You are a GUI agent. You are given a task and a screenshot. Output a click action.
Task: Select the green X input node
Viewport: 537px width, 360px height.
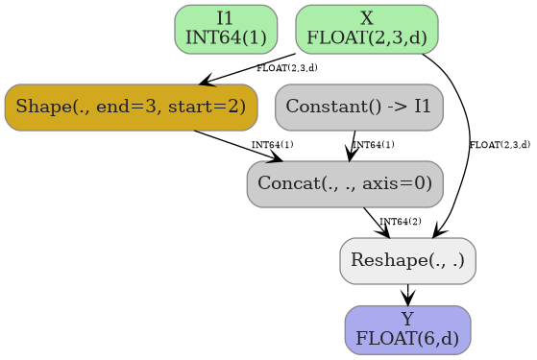pos(366,28)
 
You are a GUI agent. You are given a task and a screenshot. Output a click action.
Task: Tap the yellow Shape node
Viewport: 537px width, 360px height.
pos(131,107)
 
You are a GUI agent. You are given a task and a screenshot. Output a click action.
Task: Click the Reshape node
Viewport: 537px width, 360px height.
pos(407,260)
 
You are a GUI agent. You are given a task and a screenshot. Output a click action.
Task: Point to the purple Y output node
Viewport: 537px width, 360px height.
pos(407,329)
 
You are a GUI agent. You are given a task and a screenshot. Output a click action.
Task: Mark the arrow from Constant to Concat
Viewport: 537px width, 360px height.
pos(353,144)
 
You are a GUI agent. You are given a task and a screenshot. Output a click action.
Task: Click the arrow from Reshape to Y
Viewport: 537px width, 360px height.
pos(408,295)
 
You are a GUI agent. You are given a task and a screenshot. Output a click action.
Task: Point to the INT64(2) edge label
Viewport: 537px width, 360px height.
pos(400,222)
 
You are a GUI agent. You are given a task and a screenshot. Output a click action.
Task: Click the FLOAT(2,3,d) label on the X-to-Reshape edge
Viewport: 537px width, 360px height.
pos(500,145)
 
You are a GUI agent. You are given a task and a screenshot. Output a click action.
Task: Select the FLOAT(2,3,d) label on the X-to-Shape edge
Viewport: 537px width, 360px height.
pos(286,68)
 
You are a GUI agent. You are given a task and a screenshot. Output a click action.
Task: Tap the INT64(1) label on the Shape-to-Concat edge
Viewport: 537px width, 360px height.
pos(272,145)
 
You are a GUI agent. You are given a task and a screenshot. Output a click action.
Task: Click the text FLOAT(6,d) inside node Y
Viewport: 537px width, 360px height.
pos(407,339)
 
